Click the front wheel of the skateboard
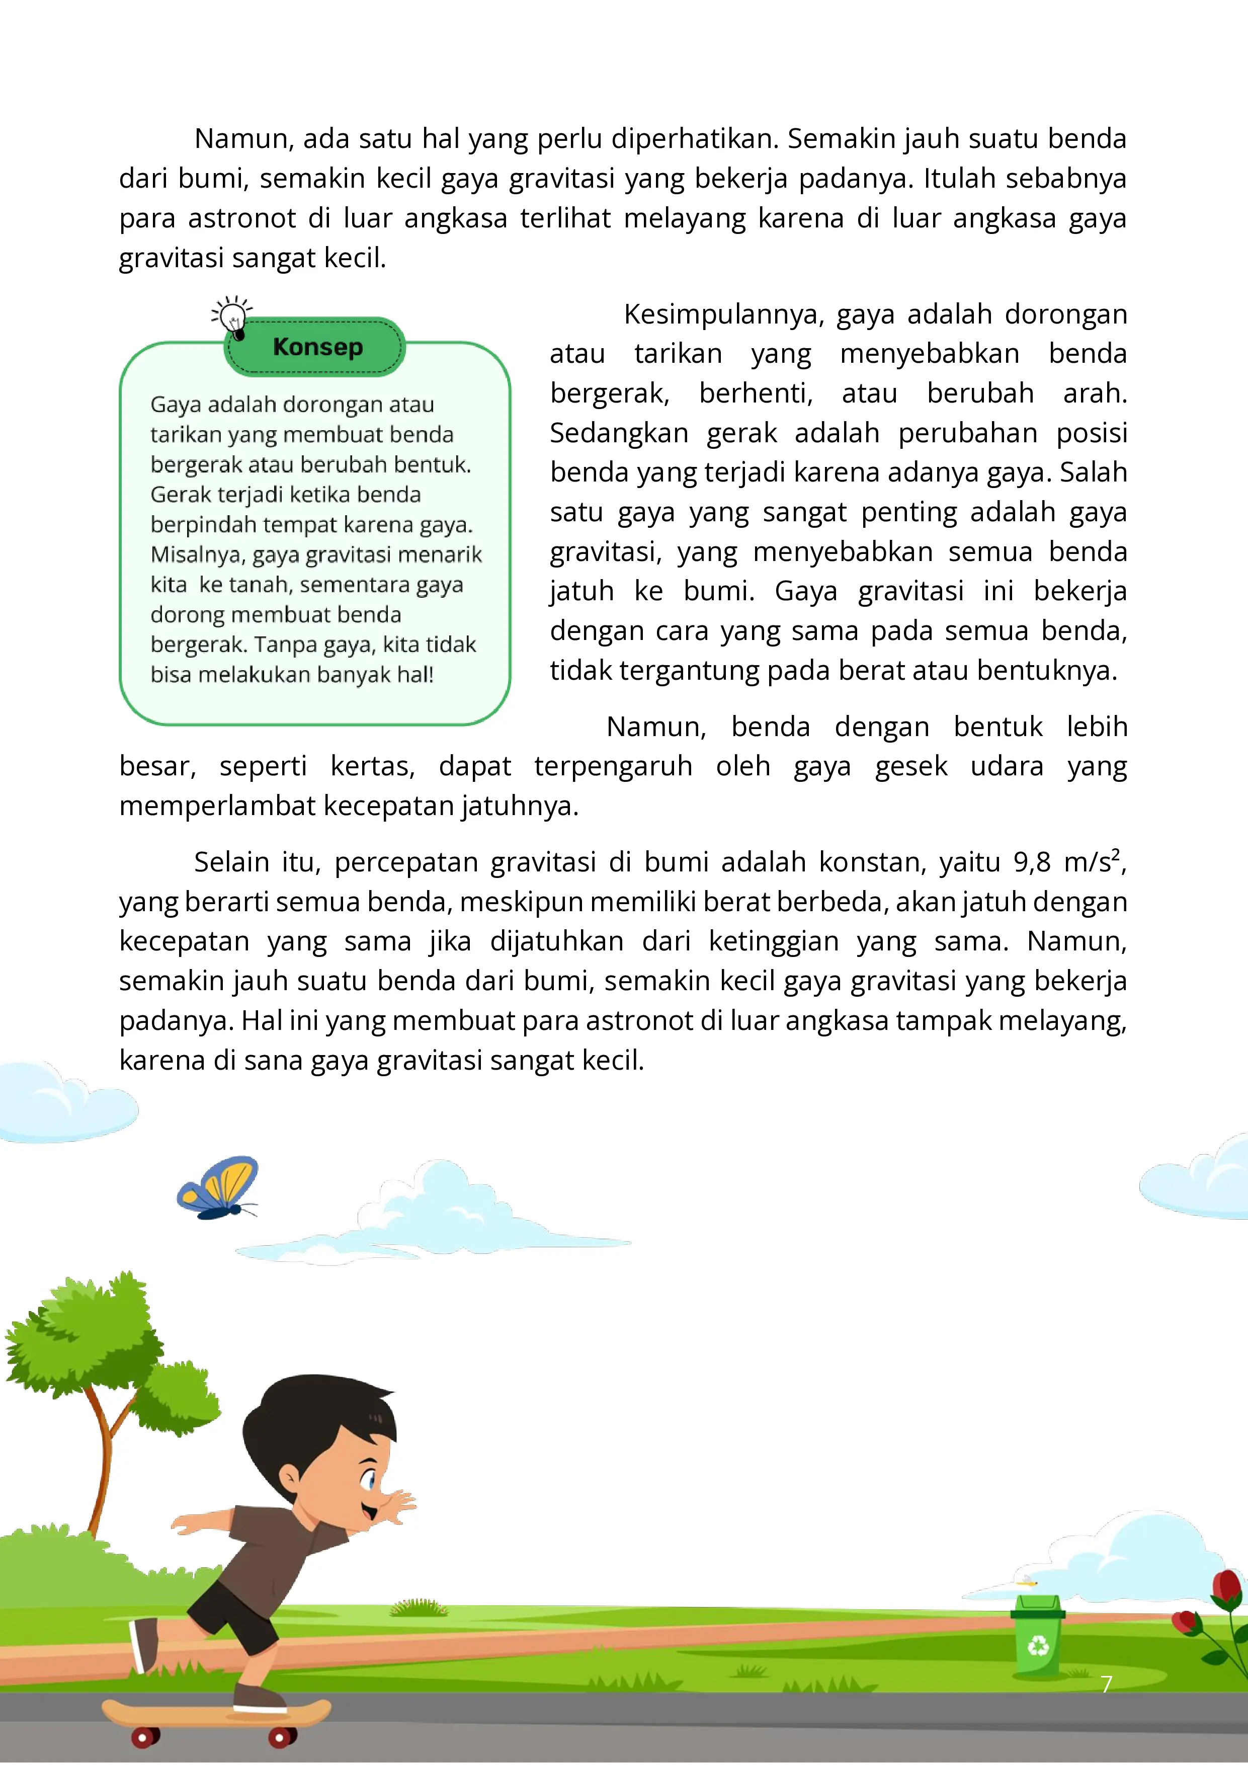pos(281,1736)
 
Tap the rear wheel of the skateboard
pos(142,1736)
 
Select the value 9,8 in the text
pos(1031,862)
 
